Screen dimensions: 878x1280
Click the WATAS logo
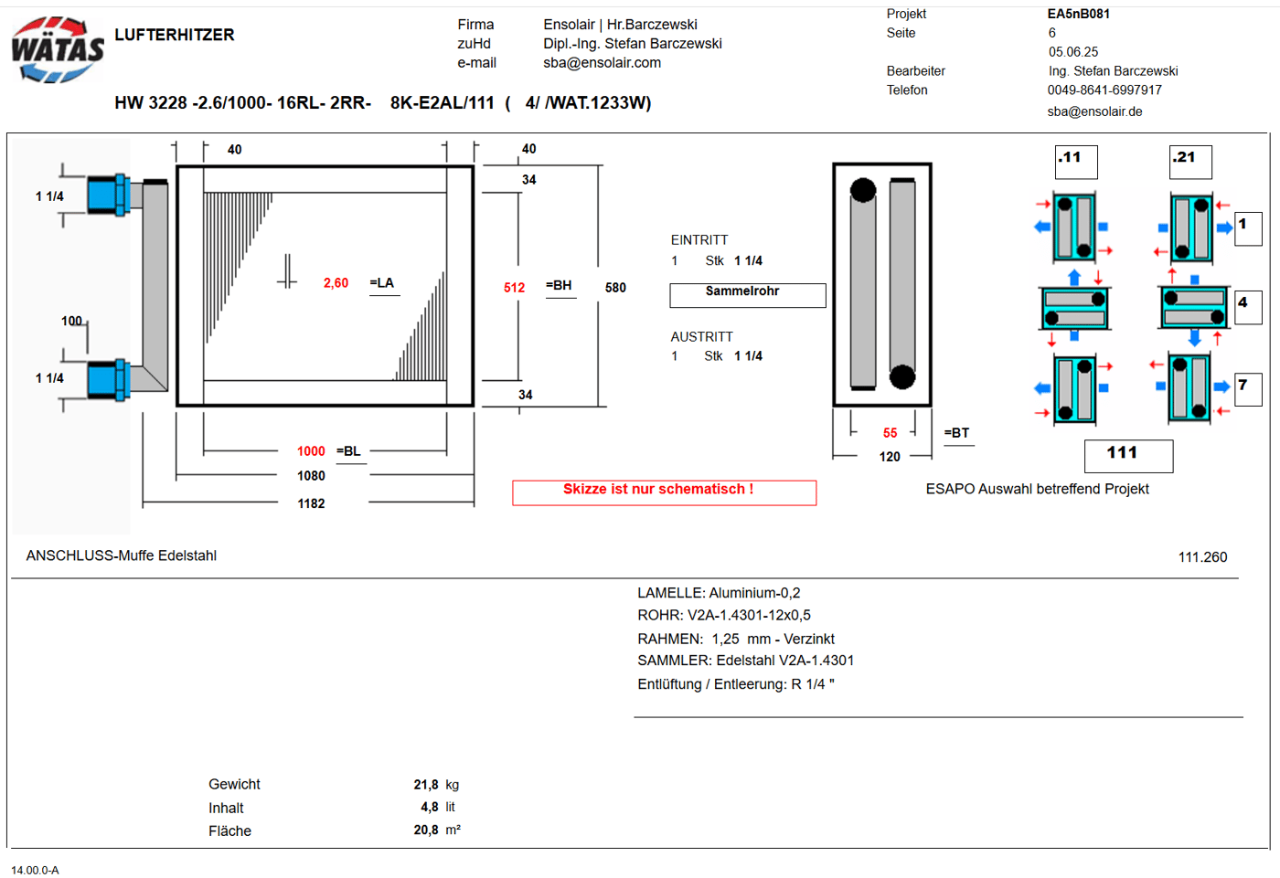click(58, 49)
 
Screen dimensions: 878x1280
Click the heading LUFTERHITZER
click(174, 35)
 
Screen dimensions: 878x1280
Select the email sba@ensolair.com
click(602, 63)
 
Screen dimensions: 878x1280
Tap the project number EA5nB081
click(1078, 14)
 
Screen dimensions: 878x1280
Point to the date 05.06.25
click(1073, 52)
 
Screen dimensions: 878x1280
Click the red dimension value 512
click(514, 288)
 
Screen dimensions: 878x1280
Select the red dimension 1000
click(311, 451)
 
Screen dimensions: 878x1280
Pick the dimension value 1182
click(311, 503)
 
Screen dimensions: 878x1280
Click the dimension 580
click(615, 288)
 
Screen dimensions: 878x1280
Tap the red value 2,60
click(336, 283)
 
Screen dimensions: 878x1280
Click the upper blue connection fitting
click(108, 195)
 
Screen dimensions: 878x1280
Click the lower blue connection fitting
click(108, 379)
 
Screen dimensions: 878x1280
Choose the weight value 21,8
click(425, 785)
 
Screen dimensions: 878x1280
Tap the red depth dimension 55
click(890, 433)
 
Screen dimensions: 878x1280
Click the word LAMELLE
click(670, 593)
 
